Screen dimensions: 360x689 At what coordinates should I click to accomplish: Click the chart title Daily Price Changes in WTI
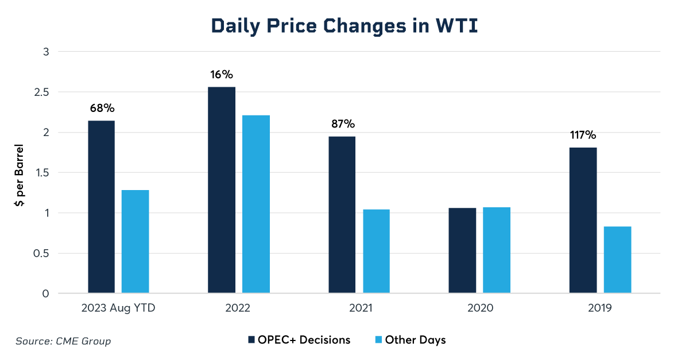(344, 26)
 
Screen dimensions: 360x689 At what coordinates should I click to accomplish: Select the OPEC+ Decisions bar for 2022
(222, 190)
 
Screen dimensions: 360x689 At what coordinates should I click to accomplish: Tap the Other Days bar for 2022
(256, 204)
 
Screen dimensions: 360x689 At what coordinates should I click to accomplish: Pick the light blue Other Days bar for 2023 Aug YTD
(136, 242)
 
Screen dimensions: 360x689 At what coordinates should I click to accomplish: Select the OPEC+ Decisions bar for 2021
(342, 215)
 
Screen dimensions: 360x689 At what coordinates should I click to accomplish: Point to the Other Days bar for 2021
(376, 251)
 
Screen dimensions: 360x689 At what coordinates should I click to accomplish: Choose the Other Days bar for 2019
(617, 260)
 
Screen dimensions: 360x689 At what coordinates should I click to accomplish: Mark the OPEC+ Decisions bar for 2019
(583, 220)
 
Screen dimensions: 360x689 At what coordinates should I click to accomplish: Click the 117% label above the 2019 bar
(583, 136)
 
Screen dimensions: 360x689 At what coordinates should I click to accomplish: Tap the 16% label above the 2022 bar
(221, 75)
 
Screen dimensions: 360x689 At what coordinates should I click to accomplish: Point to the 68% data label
(102, 108)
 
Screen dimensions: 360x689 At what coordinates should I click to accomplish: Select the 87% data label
(343, 124)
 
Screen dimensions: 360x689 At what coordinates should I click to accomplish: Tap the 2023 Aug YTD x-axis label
(118, 308)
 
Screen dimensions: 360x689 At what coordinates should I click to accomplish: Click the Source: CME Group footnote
(63, 341)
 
